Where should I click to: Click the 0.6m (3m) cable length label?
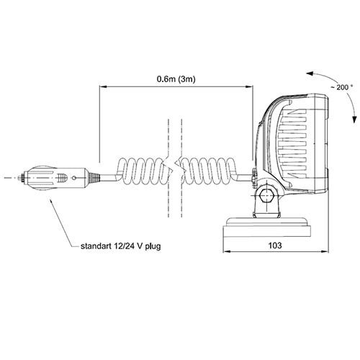pos(176,79)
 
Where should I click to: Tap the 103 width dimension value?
pos(275,246)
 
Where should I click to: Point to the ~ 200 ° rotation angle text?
pos(342,87)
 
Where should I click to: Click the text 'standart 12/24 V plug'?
pos(121,246)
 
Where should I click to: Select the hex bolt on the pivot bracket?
pos(266,196)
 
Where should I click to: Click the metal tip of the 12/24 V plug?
pos(22,178)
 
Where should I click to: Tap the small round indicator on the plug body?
pos(74,178)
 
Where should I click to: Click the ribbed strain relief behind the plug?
pos(94,178)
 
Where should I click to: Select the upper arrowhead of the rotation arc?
pos(310,73)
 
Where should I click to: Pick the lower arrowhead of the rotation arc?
pos(354,120)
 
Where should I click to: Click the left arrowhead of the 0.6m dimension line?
pos(103,87)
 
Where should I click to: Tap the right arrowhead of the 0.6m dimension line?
pos(249,87)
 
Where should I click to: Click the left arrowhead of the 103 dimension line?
pos(227,252)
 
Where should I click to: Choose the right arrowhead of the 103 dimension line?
pos(324,252)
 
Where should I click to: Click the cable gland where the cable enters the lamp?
pos(254,176)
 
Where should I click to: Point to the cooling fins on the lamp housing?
pos(292,143)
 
